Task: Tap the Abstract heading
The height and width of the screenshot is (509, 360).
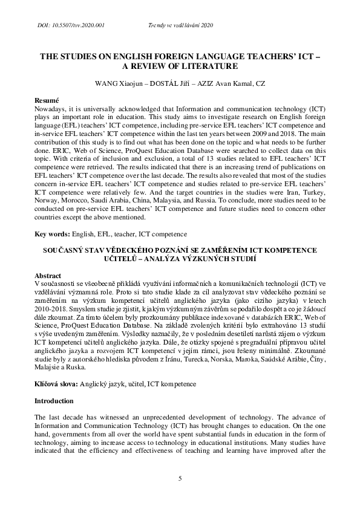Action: [x=48, y=274]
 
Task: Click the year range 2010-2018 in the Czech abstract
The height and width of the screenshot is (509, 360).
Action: [x=51, y=307]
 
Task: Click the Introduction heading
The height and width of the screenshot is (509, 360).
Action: [x=54, y=400]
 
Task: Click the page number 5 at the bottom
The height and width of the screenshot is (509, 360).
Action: [x=180, y=478]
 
